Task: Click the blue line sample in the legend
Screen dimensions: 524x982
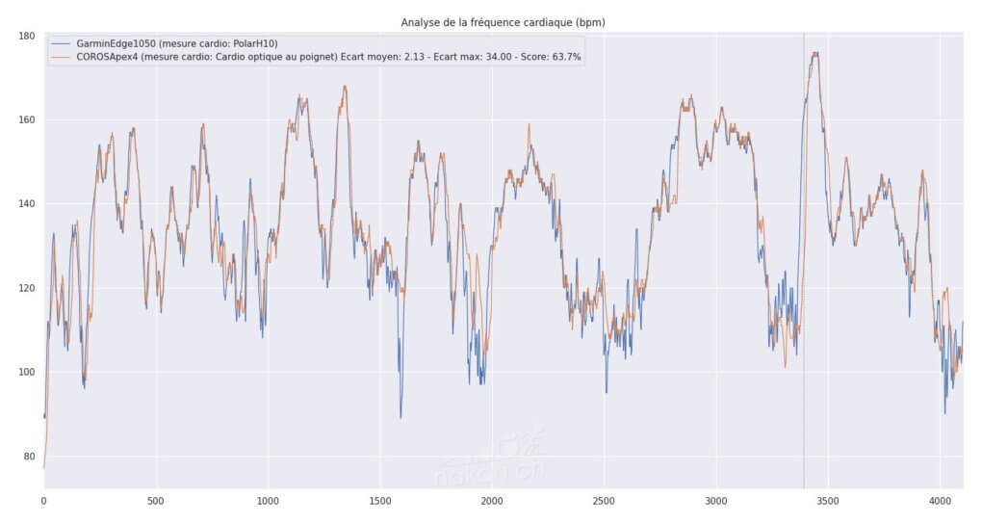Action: (x=61, y=43)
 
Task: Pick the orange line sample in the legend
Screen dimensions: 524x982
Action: (x=61, y=57)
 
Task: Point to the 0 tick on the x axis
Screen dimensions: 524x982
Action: (x=43, y=501)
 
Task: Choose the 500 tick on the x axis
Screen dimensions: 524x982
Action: (x=156, y=501)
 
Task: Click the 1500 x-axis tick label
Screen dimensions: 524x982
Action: (x=379, y=501)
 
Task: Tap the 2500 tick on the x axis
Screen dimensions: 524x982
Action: (x=604, y=501)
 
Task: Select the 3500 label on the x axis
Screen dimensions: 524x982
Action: (x=828, y=501)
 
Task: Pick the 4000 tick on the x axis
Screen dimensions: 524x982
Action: (x=941, y=501)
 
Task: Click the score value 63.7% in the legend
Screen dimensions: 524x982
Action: (x=563, y=57)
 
